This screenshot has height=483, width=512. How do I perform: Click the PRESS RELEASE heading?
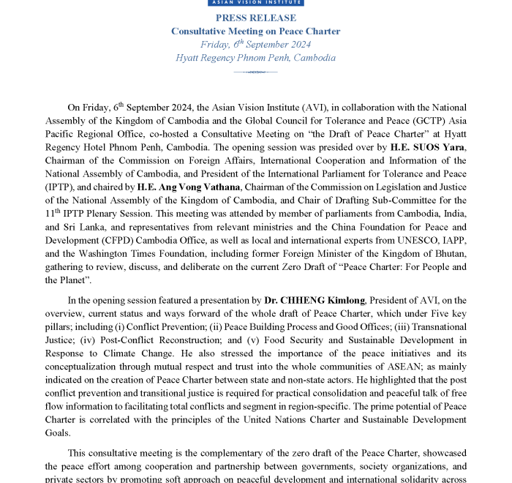point(256,18)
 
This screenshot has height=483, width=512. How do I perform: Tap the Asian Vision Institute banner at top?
point(256,3)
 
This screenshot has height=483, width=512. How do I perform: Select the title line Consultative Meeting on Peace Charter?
point(256,31)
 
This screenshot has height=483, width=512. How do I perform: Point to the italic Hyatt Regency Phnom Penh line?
point(256,58)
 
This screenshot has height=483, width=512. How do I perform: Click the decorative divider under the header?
point(256,72)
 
